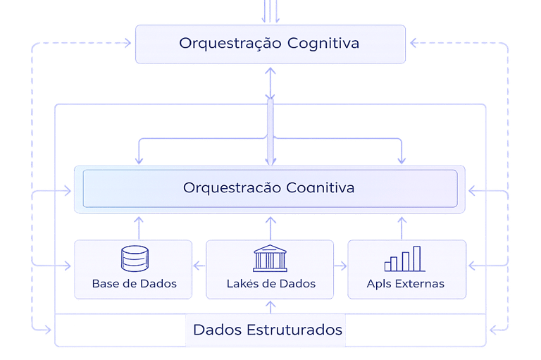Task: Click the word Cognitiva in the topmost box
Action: pyautogui.click(x=323, y=44)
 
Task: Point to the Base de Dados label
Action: pyautogui.click(x=134, y=284)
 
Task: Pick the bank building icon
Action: pyautogui.click(x=270, y=258)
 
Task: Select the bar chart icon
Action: pyautogui.click(x=403, y=259)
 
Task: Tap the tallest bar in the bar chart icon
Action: pyautogui.click(x=417, y=258)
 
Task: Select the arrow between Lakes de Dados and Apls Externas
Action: pyautogui.click(x=341, y=266)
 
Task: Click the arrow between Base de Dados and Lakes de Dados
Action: pyautogui.click(x=199, y=266)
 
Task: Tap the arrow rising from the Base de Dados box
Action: pyautogui.click(x=138, y=227)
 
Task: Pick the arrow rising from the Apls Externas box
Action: pyautogui.click(x=402, y=227)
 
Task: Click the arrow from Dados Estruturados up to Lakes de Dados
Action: pyautogui.click(x=270, y=305)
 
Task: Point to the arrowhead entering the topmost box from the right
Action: pyautogui.click(x=413, y=43)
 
